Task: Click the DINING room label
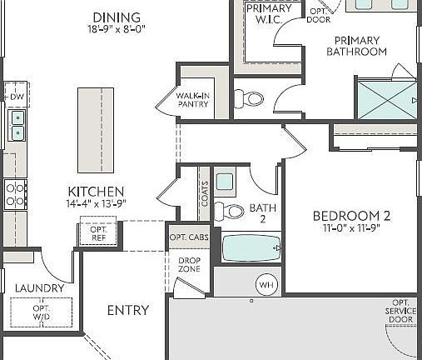click(x=117, y=17)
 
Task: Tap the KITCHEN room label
click(x=96, y=191)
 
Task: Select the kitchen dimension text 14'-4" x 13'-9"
click(x=96, y=203)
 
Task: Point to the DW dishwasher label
click(x=17, y=97)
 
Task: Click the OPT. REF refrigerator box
click(x=98, y=232)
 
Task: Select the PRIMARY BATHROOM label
click(x=356, y=46)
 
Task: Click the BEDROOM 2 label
click(x=350, y=215)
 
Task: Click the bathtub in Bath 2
click(x=251, y=249)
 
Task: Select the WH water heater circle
click(x=266, y=285)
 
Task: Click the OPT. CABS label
click(x=189, y=237)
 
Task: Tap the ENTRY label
click(x=128, y=310)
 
